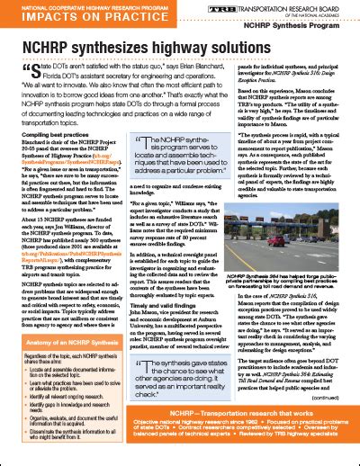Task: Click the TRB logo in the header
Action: pyautogui.click(x=220, y=9)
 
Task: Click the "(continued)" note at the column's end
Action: pyautogui.click(x=334, y=421)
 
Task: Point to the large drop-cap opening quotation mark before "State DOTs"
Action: pyautogui.click(x=22, y=70)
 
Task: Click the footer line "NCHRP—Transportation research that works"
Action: pyautogui.click(x=180, y=436)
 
